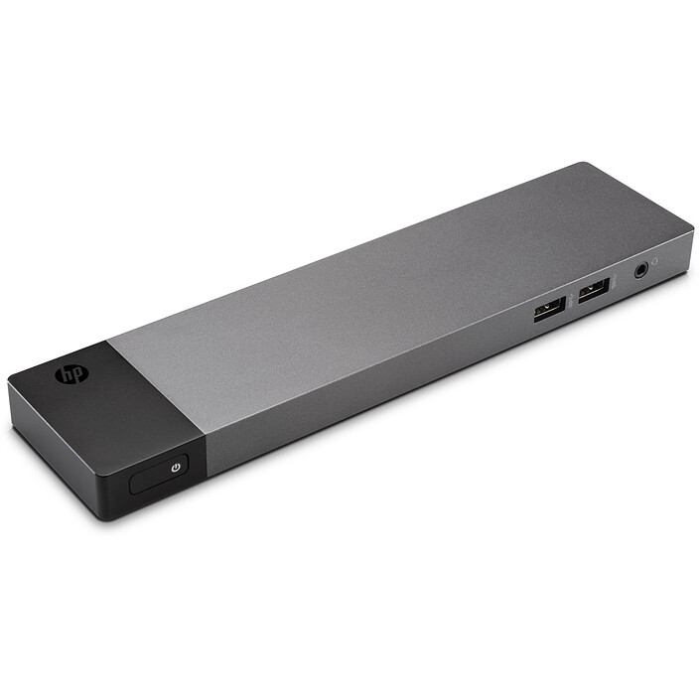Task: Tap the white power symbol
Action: pos(176,466)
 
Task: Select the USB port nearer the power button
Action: pos(548,309)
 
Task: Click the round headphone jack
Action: pos(642,267)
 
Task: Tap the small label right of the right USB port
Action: pos(614,285)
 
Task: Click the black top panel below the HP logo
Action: pos(109,407)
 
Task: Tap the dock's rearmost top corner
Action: pos(588,164)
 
